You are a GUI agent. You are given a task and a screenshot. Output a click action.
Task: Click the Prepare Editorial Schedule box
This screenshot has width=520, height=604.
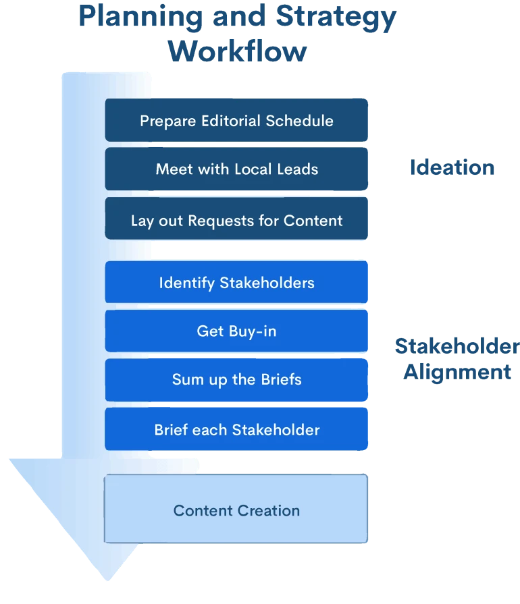coord(236,120)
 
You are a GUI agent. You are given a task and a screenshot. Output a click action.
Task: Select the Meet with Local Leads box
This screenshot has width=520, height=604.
coord(236,169)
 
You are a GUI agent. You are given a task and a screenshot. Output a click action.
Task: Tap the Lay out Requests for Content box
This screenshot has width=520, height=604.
coord(236,220)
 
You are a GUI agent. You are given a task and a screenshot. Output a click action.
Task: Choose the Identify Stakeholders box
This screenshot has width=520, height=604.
coord(236,282)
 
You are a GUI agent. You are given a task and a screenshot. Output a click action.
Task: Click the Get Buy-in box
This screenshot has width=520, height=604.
coord(236,331)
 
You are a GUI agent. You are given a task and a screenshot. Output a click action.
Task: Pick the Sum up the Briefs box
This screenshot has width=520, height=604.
coord(236,379)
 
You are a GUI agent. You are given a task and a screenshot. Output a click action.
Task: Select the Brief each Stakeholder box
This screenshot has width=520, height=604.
coord(236,429)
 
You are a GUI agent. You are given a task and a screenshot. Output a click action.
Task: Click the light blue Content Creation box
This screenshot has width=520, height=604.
coord(236,510)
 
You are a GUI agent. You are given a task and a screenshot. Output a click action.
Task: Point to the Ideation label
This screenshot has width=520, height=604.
coord(452,168)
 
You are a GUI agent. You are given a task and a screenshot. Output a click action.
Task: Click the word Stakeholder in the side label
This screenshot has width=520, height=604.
coord(457,346)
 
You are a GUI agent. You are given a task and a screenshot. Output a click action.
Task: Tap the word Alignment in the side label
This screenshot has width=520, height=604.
coord(456,372)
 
